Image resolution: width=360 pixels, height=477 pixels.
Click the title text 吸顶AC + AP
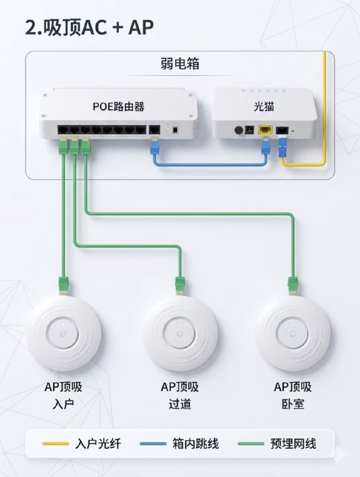click(x=99, y=28)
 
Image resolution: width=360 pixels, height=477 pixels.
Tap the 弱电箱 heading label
click(x=180, y=64)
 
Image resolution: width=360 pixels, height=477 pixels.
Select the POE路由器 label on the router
click(x=119, y=106)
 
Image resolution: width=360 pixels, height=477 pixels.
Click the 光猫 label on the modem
click(x=264, y=106)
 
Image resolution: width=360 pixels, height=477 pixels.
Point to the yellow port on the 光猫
click(x=265, y=130)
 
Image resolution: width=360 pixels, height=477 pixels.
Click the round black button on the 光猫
click(x=239, y=130)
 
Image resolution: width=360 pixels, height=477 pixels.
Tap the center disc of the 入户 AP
click(x=63, y=334)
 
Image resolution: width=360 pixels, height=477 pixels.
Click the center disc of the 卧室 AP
click(x=293, y=334)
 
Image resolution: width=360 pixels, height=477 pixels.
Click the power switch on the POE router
click(x=175, y=130)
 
